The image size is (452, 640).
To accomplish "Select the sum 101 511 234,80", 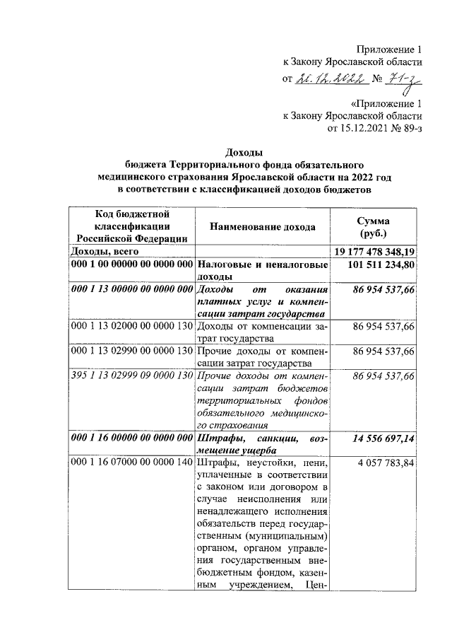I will click(x=382, y=264).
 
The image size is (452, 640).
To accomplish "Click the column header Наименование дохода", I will click(x=262, y=226).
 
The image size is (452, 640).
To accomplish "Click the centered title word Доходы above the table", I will click(x=244, y=152).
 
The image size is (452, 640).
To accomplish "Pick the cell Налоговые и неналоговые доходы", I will click(x=262, y=271).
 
